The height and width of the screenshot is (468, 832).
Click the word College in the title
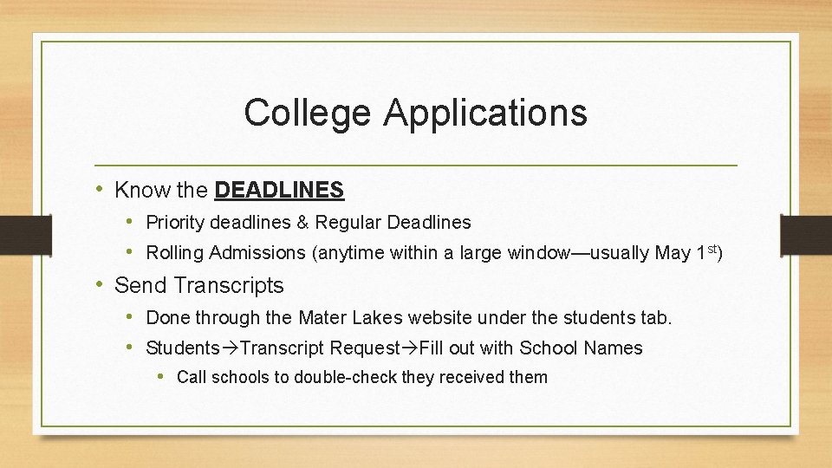308,113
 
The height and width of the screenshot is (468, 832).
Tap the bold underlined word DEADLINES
279,190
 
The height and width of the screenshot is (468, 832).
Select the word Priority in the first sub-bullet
175,223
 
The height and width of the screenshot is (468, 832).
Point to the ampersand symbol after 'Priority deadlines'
302,223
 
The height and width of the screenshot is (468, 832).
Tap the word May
673,254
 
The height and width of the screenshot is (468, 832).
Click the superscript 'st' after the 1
712,250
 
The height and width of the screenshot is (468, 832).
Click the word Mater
322,318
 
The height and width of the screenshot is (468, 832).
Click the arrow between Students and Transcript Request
230,348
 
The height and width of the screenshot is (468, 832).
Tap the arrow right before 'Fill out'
410,348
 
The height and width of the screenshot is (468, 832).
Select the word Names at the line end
614,348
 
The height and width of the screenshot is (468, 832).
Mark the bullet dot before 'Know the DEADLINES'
101,189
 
